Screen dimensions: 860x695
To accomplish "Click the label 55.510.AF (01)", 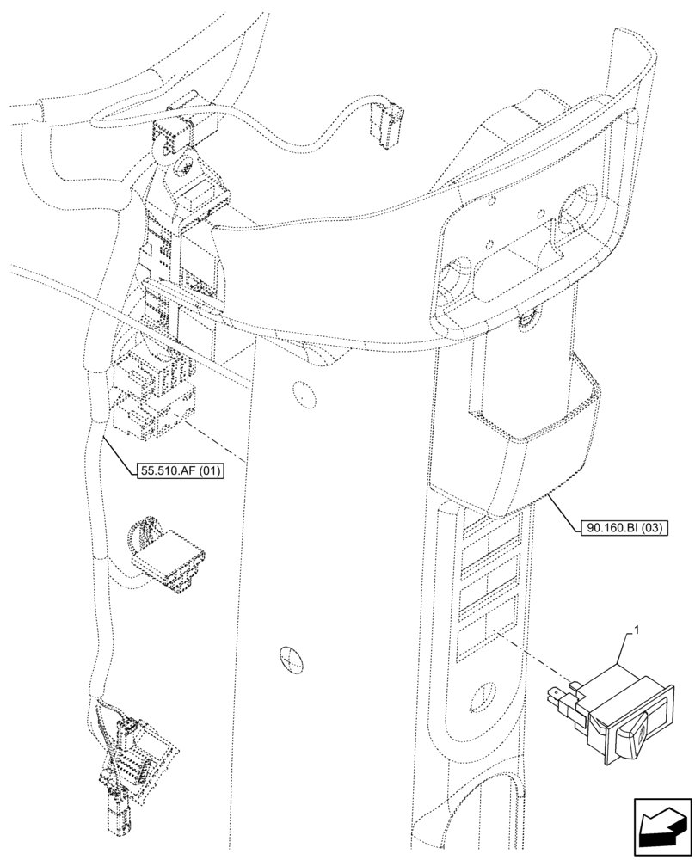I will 178,470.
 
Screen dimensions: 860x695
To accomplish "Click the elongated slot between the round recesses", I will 514,249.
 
